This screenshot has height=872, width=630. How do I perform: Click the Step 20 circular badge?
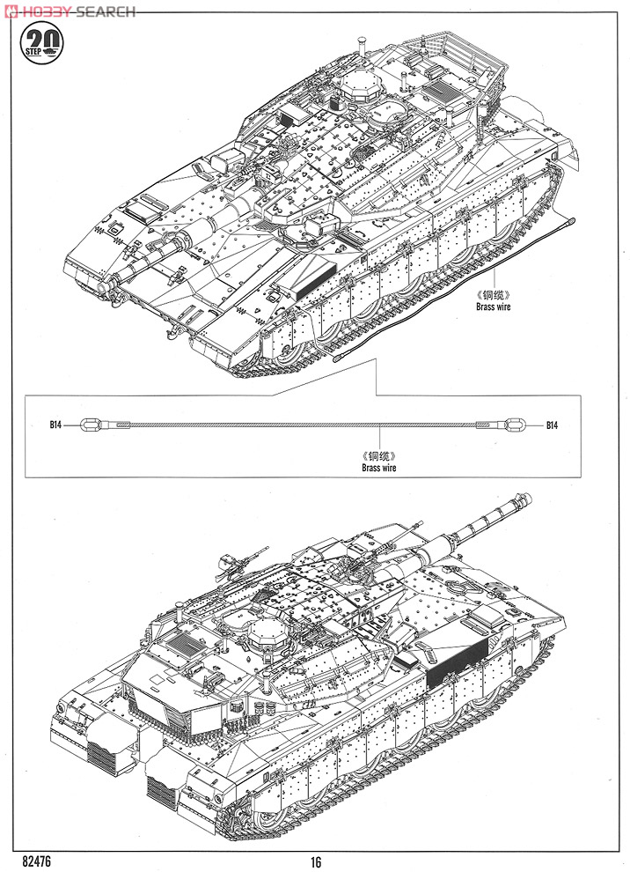pyautogui.click(x=41, y=43)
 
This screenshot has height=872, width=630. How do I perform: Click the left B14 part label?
pyautogui.click(x=55, y=425)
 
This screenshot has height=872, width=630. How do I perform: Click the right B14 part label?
pyautogui.click(x=551, y=425)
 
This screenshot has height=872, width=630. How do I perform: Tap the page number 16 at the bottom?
pyautogui.click(x=315, y=862)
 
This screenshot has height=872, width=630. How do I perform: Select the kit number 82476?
pyautogui.click(x=37, y=861)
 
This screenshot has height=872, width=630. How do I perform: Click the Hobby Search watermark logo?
pyautogui.click(x=70, y=11)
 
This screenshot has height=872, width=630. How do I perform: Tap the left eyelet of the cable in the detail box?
pyautogui.click(x=89, y=425)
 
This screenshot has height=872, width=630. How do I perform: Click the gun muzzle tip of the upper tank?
pyautogui.click(x=103, y=286)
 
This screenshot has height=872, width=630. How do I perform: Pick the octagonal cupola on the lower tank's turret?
pyautogui.click(x=267, y=632)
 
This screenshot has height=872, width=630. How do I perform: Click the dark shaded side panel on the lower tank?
pyautogui.click(x=457, y=657)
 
